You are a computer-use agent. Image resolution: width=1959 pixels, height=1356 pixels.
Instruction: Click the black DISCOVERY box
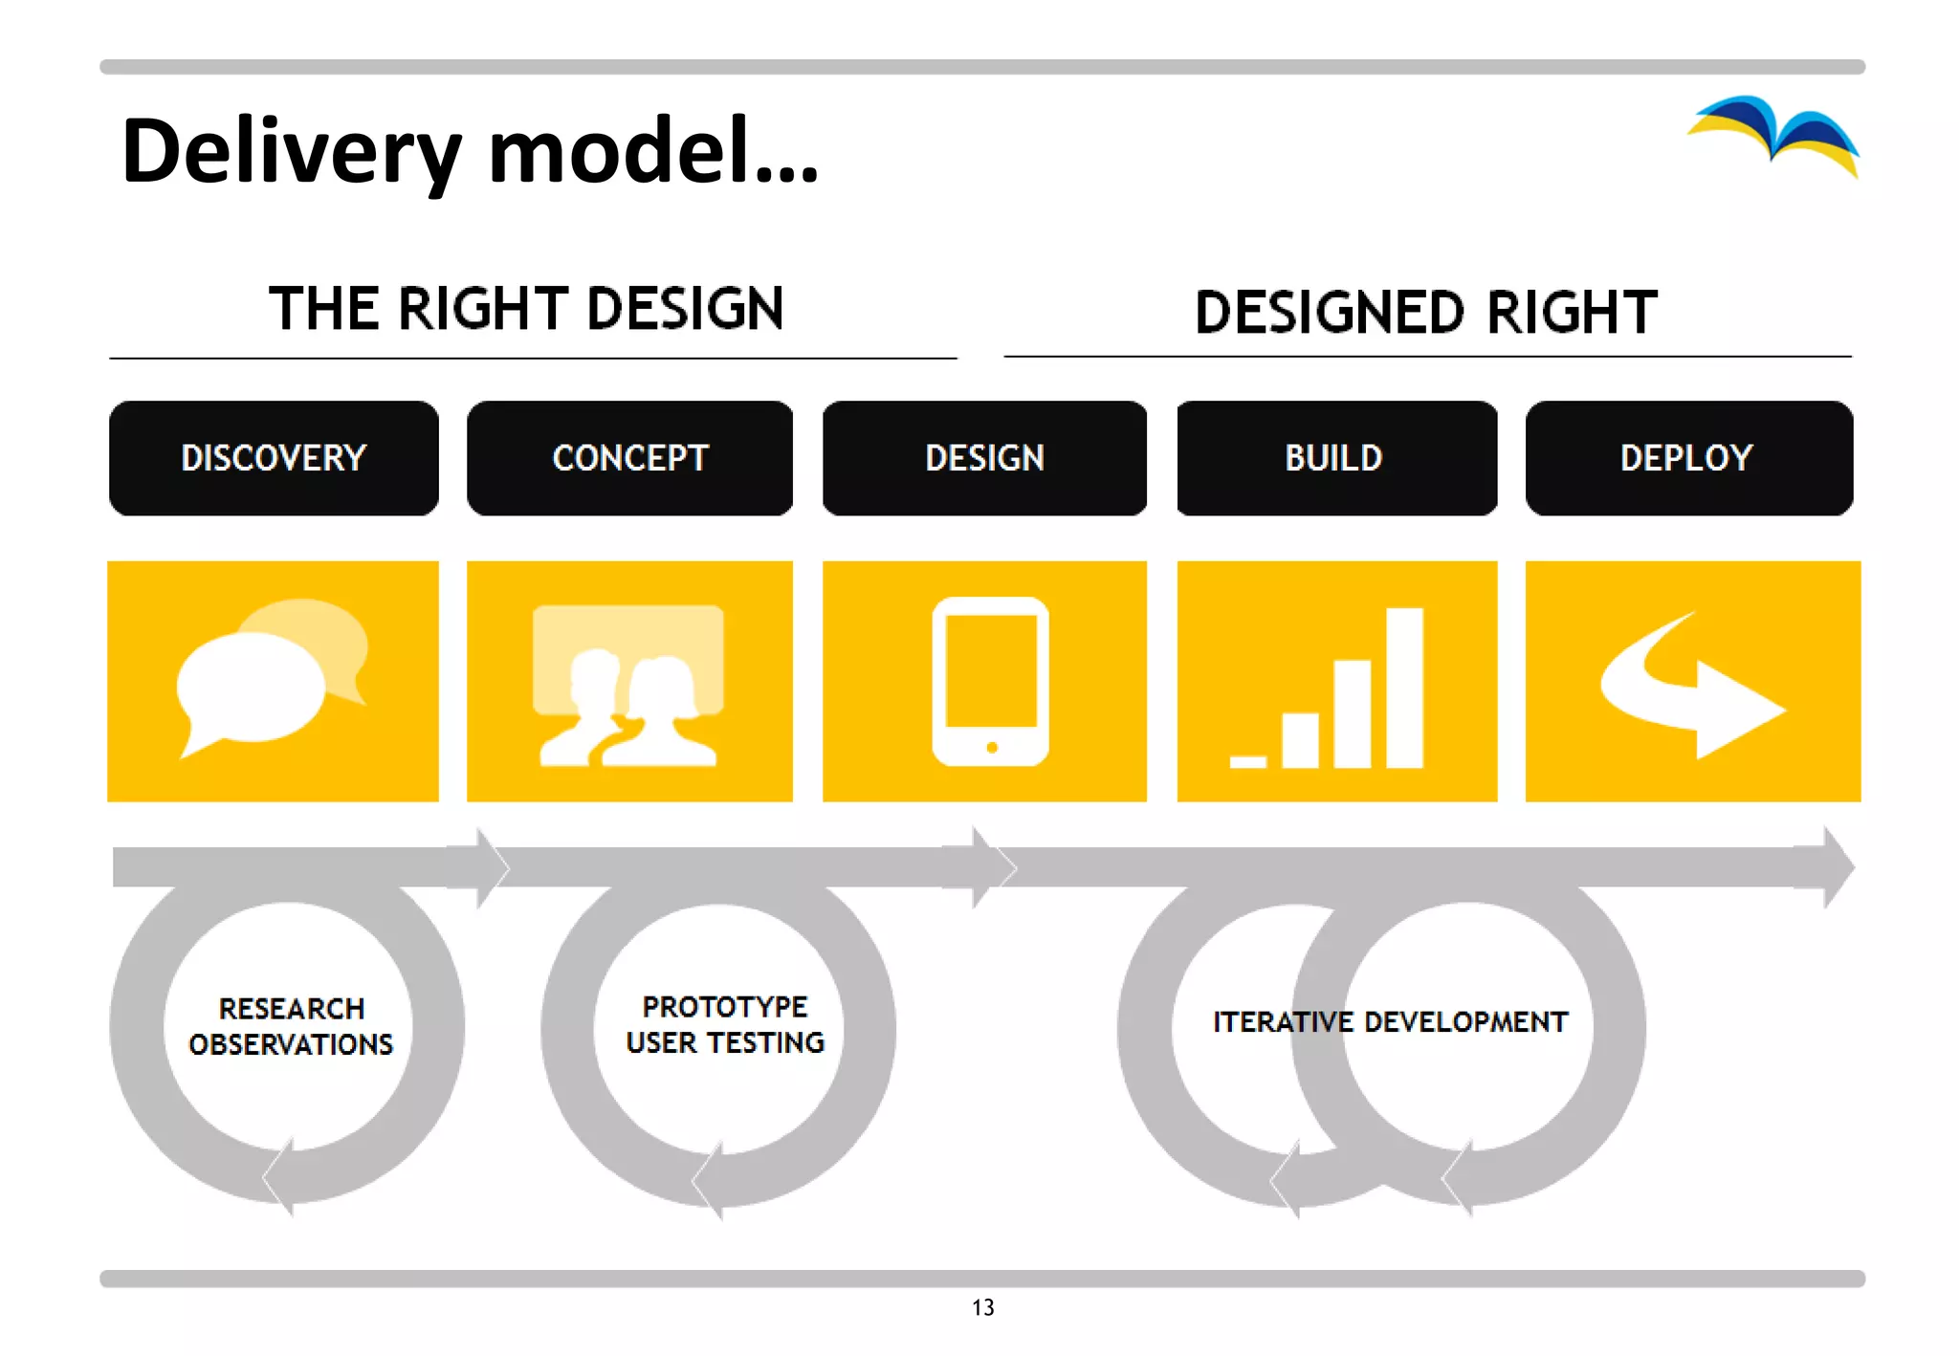tap(274, 458)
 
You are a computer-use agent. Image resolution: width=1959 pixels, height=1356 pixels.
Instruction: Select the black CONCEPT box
tap(629, 458)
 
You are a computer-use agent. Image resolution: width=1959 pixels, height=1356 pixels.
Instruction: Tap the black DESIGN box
tap(984, 458)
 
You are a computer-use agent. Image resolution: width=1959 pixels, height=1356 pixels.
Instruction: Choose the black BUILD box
tap(1336, 458)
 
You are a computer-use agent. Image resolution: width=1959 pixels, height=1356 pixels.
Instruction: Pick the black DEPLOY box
tap(1688, 458)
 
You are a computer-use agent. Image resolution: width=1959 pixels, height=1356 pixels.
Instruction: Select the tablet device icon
tap(990, 681)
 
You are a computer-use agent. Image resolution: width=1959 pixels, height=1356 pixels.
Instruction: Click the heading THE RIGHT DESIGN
tap(526, 309)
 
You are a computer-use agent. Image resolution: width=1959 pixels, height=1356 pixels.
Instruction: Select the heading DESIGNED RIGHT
tap(1425, 313)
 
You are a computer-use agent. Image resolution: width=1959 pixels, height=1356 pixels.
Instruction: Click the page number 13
tap(982, 1307)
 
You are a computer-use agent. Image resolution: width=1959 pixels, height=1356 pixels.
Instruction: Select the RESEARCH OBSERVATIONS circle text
tap(291, 1026)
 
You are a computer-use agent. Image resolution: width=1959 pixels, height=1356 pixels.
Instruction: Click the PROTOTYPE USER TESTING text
tap(725, 1024)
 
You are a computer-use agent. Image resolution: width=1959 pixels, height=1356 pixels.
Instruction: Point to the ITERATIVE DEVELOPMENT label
tap(1390, 1022)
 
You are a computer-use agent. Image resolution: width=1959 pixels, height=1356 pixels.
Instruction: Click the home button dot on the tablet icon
tap(992, 748)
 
